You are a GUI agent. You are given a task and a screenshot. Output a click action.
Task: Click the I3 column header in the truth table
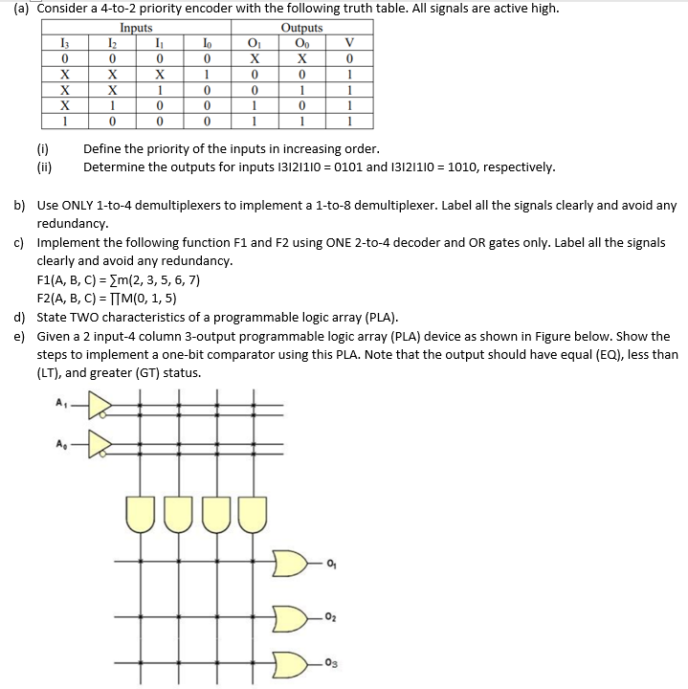63,41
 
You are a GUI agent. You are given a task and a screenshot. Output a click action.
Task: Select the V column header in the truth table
352,41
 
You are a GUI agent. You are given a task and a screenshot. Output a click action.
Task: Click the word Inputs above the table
141,28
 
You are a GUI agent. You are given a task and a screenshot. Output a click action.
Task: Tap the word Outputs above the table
300,28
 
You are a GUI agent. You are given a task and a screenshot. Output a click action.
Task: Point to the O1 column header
254,41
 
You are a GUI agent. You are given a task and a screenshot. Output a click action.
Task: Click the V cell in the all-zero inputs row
352,56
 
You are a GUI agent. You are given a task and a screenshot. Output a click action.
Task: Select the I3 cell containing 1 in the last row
63,122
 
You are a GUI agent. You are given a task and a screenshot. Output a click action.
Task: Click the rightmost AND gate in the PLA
253,512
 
